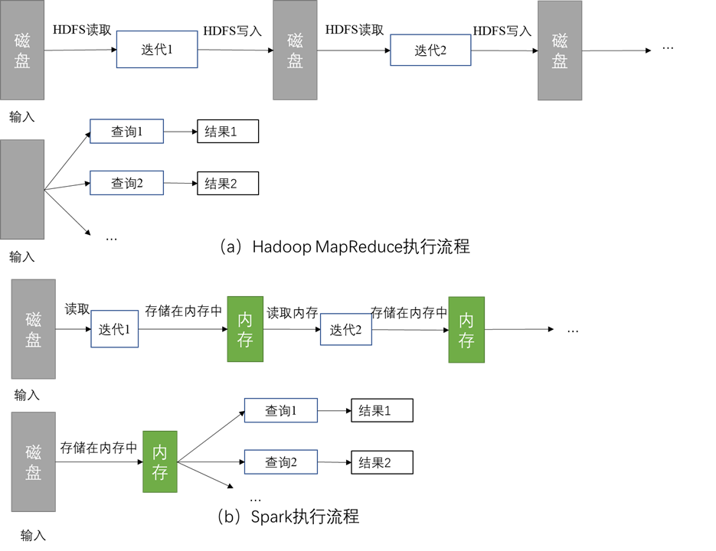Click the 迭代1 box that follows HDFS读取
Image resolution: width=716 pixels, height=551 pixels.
coord(157,50)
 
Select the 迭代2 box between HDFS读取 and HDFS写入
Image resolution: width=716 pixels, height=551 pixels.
coord(430,50)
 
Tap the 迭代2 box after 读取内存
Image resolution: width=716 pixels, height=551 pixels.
coord(345,329)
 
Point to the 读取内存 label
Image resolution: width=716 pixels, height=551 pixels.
coord(292,312)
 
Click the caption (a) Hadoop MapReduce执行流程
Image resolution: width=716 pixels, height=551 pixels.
coord(344,246)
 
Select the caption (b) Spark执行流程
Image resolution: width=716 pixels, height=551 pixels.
coord(288,516)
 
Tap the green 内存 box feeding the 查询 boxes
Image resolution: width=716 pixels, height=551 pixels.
coord(160,462)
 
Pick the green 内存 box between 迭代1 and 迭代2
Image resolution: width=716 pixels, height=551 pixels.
coord(245,329)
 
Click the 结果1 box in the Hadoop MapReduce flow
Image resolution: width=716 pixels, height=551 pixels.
coord(227,132)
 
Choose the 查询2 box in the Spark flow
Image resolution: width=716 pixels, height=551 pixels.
coord(280,462)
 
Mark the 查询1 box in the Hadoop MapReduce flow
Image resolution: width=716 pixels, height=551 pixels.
coord(126,132)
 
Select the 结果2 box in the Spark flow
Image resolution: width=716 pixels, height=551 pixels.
coord(381,462)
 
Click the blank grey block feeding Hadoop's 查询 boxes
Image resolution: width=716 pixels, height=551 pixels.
coord(22,189)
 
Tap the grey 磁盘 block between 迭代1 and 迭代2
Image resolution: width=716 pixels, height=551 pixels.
coord(295,50)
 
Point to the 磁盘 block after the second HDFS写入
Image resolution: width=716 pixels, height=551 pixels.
coord(560,50)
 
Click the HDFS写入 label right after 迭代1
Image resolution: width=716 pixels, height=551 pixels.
coord(232,31)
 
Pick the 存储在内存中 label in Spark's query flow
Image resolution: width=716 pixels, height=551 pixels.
coord(99,448)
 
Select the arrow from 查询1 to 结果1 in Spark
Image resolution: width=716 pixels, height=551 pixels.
coord(334,411)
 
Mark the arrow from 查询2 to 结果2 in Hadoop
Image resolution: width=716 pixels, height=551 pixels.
coord(180,183)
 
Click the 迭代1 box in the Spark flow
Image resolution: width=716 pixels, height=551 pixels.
coord(114,329)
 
